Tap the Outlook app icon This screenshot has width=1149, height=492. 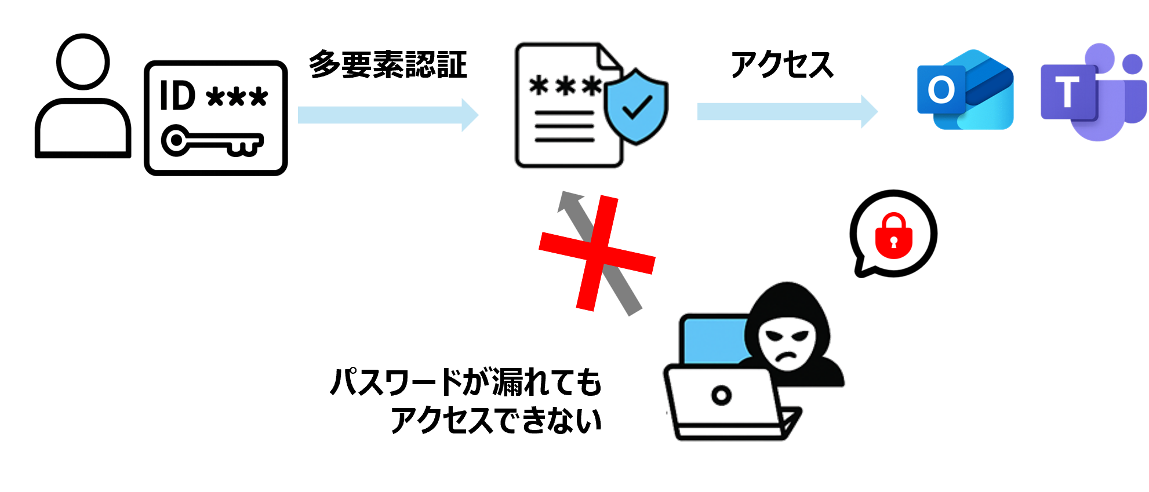(x=965, y=90)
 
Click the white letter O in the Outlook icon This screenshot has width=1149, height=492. (x=940, y=90)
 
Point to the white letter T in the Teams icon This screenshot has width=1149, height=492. (x=1067, y=92)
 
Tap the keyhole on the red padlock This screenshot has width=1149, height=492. (x=893, y=241)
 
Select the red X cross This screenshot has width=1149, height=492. (x=597, y=253)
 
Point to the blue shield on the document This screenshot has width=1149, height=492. (x=636, y=107)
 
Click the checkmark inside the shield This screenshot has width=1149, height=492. (x=637, y=108)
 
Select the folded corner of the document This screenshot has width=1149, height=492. (x=609, y=57)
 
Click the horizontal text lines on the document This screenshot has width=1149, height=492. (x=563, y=126)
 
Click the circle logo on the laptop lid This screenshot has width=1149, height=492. (x=721, y=395)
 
